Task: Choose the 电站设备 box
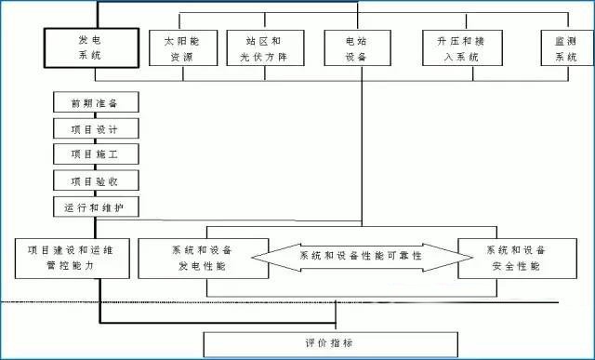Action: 355,48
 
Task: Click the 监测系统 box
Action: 566,48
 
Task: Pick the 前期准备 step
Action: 96,101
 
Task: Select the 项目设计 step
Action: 96,127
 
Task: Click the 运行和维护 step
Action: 96,207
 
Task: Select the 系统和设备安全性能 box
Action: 516,258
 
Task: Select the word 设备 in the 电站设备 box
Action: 355,57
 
